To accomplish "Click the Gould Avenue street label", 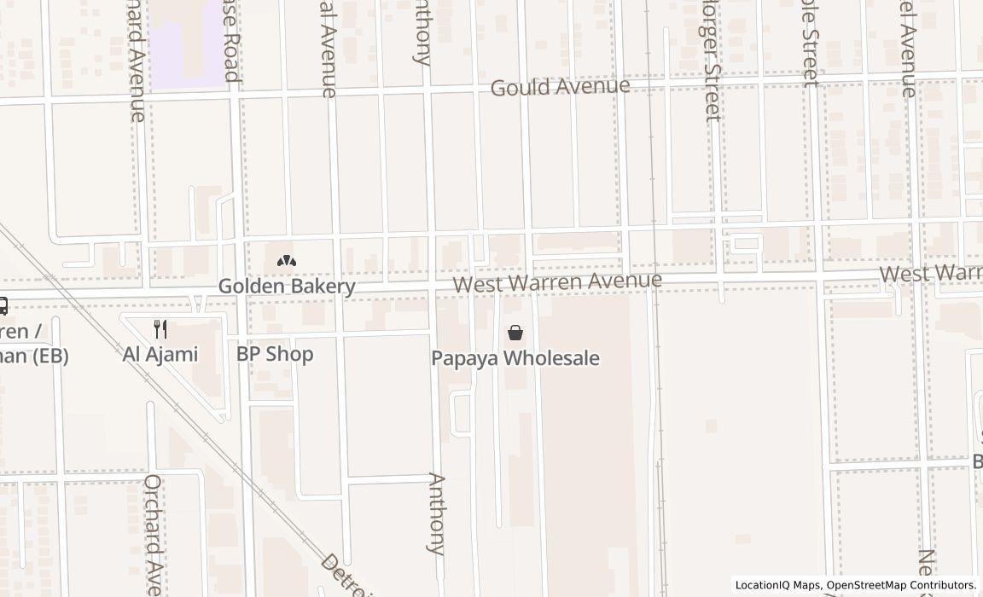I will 560,87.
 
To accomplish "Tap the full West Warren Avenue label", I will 557,281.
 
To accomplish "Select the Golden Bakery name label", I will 287,286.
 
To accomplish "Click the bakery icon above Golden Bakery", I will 287,262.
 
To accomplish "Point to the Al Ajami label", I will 160,354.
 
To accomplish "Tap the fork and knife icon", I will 160,329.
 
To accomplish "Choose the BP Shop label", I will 275,354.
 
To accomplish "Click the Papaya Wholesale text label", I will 515,358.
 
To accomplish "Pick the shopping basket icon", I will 515,333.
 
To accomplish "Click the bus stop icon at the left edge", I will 3,305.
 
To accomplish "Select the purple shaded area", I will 185,43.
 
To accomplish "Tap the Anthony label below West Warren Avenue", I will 436,513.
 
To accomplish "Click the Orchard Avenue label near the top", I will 136,60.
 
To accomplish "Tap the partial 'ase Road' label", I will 230,41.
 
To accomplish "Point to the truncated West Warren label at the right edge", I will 931,274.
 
